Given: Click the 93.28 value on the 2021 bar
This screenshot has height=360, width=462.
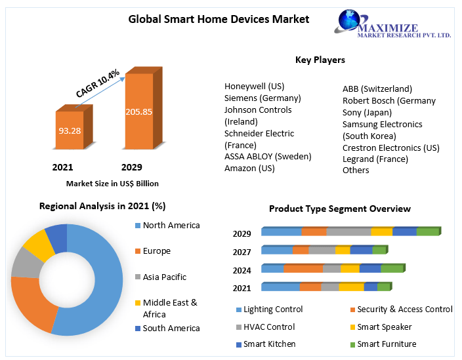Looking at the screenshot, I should pyautogui.click(x=70, y=130).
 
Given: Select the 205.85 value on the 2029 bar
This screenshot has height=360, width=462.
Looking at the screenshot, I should pyautogui.click(x=138, y=111).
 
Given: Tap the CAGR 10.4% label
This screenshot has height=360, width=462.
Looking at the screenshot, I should pyautogui.click(x=98, y=83).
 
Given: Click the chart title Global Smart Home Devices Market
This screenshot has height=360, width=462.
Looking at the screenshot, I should pyautogui.click(x=219, y=19).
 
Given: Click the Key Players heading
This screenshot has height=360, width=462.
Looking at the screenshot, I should pyautogui.click(x=320, y=60).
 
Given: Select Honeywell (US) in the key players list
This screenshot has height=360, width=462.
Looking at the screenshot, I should pyautogui.click(x=255, y=86).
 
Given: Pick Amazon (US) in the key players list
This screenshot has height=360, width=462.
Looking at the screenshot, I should pyautogui.click(x=249, y=168).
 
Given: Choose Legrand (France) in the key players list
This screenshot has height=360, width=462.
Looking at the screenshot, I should pyautogui.click(x=375, y=159).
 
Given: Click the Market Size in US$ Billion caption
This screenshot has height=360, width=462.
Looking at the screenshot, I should pyautogui.click(x=112, y=184).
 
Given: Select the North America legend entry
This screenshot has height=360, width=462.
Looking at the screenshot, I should pyautogui.click(x=171, y=226).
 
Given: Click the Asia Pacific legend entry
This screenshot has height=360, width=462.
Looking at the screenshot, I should pyautogui.click(x=164, y=277).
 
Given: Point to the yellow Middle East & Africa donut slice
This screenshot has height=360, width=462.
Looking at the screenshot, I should pyautogui.click(x=39, y=244).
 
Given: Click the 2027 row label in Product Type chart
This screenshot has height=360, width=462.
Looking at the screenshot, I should pyautogui.click(x=242, y=252).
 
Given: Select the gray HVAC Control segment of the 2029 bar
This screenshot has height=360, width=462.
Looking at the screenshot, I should pyautogui.click(x=348, y=231).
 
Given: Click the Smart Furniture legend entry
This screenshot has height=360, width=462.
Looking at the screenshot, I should pyautogui.click(x=387, y=344).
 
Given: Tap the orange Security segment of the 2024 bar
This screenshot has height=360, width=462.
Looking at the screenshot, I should pyautogui.click(x=303, y=268).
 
